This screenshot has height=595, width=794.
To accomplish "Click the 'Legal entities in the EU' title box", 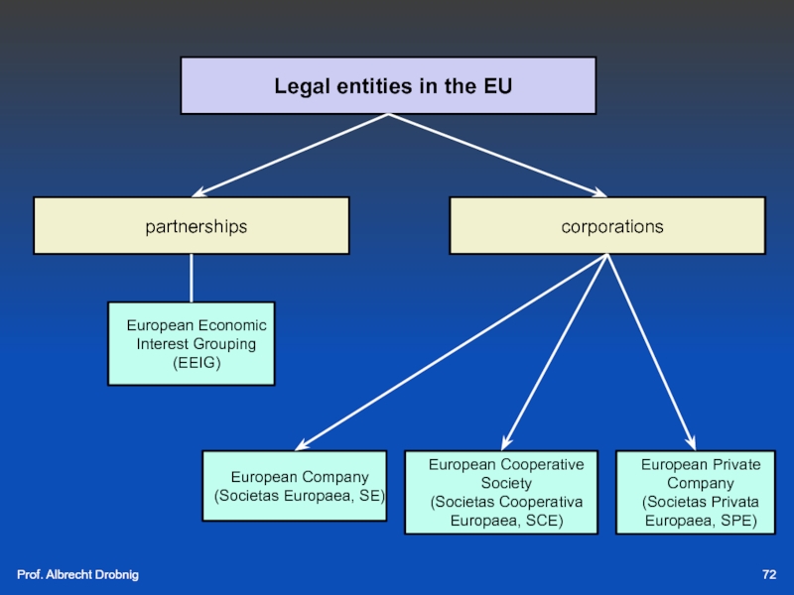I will point(388,85).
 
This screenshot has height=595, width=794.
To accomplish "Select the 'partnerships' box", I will point(192,226).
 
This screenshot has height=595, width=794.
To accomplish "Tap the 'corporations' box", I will point(607,226).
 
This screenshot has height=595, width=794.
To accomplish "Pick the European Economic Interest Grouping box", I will point(192,343).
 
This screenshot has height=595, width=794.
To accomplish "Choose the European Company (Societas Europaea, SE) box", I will point(294,486).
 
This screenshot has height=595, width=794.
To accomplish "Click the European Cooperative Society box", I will point(501,492).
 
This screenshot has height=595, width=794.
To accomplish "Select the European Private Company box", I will point(700,492).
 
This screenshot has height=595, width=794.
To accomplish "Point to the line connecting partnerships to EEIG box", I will point(192,278).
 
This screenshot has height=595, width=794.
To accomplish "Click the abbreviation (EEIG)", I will point(197,363).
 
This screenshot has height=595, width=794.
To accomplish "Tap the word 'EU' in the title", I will point(497,86).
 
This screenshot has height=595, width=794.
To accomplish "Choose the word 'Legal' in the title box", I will point(299,86).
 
